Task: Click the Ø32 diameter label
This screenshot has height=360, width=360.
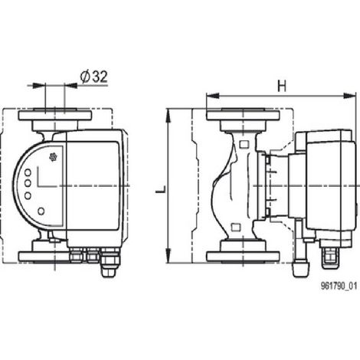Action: click(93, 77)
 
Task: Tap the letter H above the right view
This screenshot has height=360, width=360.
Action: click(282, 87)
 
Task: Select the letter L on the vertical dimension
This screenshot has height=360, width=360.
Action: click(162, 189)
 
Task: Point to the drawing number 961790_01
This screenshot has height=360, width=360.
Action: click(339, 286)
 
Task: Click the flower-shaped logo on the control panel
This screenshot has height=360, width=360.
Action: click(53, 157)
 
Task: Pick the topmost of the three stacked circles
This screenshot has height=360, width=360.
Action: click(28, 172)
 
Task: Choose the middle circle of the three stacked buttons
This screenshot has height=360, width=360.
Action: click(28, 183)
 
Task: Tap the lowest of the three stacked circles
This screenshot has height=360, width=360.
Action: click(28, 196)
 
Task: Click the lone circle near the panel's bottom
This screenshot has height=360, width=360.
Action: click(41, 211)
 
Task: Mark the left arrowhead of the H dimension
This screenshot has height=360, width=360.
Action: click(213, 96)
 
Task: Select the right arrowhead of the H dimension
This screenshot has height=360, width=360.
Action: click(349, 96)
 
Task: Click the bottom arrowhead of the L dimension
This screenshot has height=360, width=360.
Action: click(168, 256)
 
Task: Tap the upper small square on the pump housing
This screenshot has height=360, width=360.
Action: click(244, 145)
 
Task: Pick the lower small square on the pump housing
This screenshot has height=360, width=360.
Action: click(235, 227)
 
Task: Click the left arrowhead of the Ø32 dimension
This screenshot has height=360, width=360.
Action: click(38, 86)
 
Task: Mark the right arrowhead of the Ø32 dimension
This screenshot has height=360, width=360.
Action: click(71, 86)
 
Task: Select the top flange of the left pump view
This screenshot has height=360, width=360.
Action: click(55, 116)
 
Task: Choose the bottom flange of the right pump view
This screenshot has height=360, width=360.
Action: click(243, 257)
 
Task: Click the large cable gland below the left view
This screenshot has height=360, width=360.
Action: click(110, 263)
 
